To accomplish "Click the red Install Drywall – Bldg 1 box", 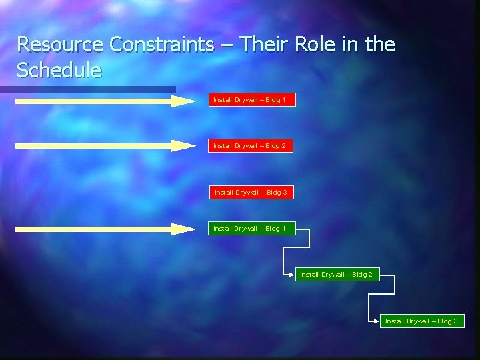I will [x=250, y=100].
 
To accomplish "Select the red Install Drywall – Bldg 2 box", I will [x=250, y=145].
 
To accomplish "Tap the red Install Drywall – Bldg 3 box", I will [x=251, y=192].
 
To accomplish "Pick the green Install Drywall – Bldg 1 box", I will [x=250, y=229].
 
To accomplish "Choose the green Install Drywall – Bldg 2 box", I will [x=337, y=274].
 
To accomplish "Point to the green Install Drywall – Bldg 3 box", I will [x=421, y=321].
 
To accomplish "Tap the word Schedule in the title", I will [x=59, y=69].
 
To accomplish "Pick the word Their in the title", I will [x=262, y=45].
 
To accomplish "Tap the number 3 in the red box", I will [x=285, y=193].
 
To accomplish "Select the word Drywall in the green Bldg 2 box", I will [x=335, y=274].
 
